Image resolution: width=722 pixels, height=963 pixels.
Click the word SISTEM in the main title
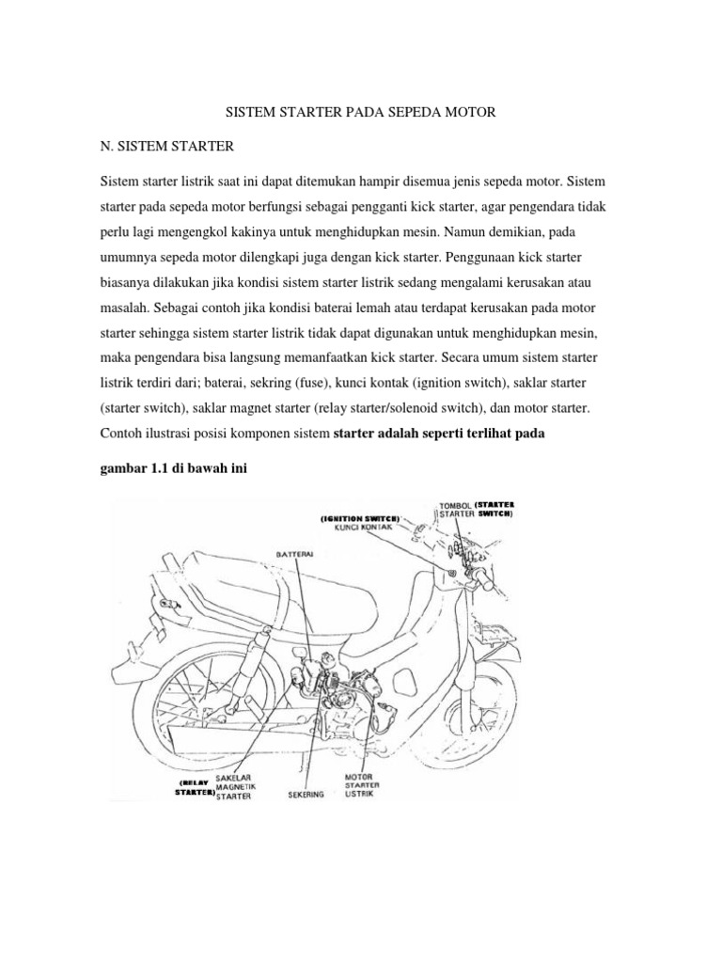251,112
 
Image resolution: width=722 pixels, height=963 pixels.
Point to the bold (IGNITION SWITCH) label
359,517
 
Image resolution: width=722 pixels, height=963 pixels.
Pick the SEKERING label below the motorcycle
306,794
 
